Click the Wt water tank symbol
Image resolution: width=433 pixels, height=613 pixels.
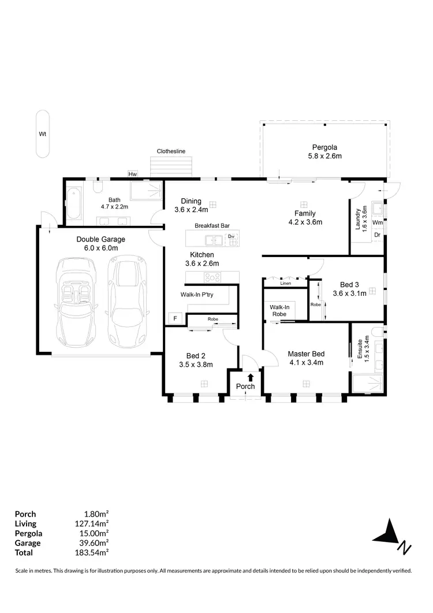(x=42, y=134)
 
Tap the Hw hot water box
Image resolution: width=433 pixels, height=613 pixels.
(x=132, y=174)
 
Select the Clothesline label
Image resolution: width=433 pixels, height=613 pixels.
(x=171, y=151)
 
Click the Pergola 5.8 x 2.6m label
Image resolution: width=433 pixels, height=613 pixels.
(x=324, y=151)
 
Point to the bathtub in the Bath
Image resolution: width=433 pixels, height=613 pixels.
(x=73, y=205)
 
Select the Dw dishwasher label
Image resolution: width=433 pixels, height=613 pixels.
(x=231, y=236)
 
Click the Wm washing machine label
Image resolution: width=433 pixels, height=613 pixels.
(x=377, y=222)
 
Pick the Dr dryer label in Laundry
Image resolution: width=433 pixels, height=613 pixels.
(x=377, y=235)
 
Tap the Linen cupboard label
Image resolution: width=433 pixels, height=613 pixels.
(x=285, y=284)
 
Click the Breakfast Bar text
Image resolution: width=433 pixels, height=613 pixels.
(x=212, y=225)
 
